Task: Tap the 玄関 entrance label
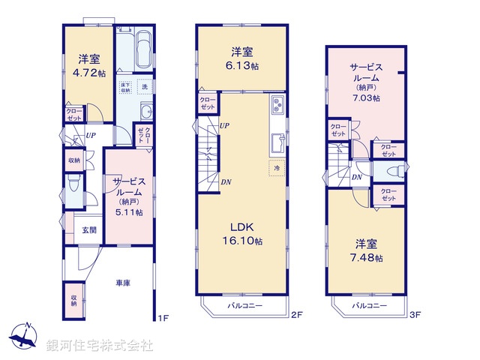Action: (x=88, y=229)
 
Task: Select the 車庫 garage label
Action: (x=123, y=283)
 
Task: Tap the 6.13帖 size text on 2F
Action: (x=241, y=65)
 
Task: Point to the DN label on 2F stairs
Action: (x=225, y=181)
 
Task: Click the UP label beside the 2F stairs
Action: (x=224, y=126)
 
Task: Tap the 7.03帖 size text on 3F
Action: (x=364, y=97)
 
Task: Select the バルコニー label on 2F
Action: (x=244, y=306)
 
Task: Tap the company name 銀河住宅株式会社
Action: (x=99, y=346)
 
